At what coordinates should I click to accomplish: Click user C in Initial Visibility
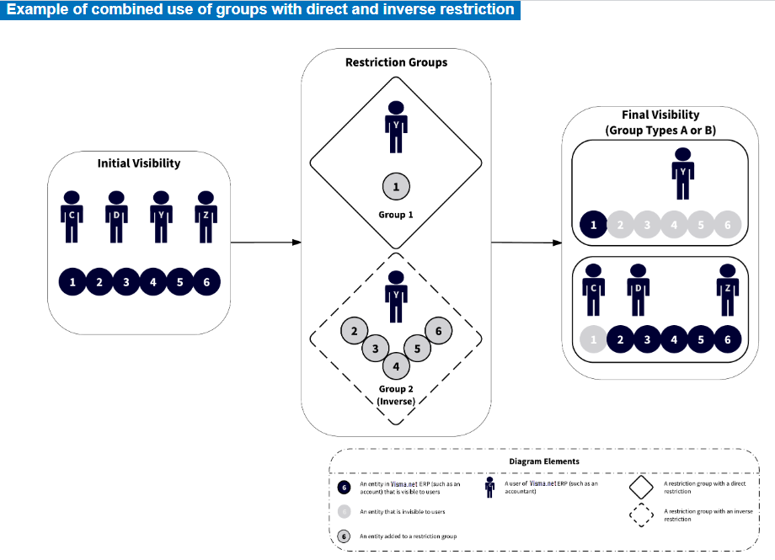pyautogui.click(x=72, y=215)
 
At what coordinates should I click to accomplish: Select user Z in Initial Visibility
pyautogui.click(x=206, y=215)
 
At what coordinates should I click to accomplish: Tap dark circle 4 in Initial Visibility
pyautogui.click(x=152, y=282)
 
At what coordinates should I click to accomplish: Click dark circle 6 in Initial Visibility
pyautogui.click(x=206, y=282)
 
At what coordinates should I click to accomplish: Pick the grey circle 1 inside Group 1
pyautogui.click(x=396, y=186)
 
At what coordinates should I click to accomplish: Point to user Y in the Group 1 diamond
pyautogui.click(x=396, y=126)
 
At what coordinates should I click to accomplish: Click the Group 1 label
pyautogui.click(x=396, y=215)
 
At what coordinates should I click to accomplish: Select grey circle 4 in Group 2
pyautogui.click(x=396, y=366)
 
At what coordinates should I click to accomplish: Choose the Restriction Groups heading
pyautogui.click(x=396, y=62)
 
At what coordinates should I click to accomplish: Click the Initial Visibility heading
pyautogui.click(x=139, y=163)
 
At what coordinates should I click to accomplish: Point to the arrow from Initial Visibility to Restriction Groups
pyautogui.click(x=265, y=243)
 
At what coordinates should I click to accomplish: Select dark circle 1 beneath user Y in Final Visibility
pyautogui.click(x=594, y=225)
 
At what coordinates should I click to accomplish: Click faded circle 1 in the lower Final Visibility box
pyautogui.click(x=593, y=339)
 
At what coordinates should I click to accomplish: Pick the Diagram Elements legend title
pyautogui.click(x=544, y=461)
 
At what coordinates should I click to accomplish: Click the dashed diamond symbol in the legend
pyautogui.click(x=641, y=515)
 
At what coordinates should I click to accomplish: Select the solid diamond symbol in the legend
pyautogui.click(x=641, y=487)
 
